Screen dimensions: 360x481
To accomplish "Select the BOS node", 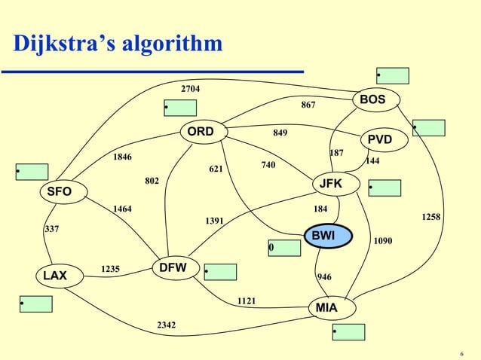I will coord(372,100).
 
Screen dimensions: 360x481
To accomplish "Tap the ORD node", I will coord(201,133).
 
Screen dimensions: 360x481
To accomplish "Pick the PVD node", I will coord(379,140).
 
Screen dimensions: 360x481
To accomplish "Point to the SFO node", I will coord(60,192).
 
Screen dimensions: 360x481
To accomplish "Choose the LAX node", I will coord(55,276).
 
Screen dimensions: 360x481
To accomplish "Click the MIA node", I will coord(326,309).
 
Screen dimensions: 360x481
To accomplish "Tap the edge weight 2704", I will coord(190,90).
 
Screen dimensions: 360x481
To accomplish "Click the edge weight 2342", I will coord(167,325).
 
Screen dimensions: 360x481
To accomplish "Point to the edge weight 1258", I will coord(431,217).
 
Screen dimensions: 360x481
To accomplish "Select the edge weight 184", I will coord(320,209).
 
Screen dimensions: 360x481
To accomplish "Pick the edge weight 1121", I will coord(247,301).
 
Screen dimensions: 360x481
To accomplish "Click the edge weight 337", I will coord(52,228).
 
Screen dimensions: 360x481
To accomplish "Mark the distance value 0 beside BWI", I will coord(271,248).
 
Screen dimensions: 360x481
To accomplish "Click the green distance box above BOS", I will coord(392,75).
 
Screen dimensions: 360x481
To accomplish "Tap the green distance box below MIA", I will coord(348,331).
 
